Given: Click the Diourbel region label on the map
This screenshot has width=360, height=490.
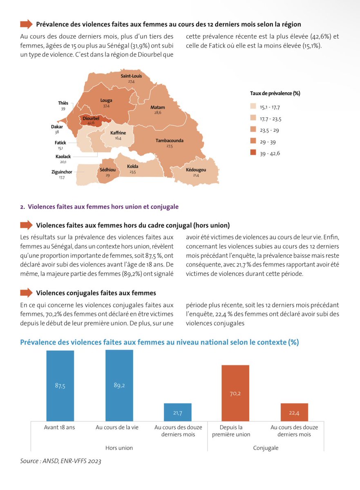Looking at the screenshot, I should pyautogui.click(x=91, y=118).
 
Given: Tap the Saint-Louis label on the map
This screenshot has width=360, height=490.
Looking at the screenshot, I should pyautogui.click(x=131, y=76).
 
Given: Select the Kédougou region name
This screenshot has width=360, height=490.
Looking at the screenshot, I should pyautogui.click(x=196, y=170).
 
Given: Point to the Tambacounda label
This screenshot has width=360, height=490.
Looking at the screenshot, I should pyautogui.click(x=169, y=140).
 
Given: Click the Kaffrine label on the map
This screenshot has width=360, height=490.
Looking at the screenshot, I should pyautogui.click(x=118, y=133).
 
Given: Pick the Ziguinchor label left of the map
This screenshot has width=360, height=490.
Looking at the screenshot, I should pyautogui.click(x=62, y=172).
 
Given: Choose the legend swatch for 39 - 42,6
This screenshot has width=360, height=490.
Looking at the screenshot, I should pyautogui.click(x=253, y=153).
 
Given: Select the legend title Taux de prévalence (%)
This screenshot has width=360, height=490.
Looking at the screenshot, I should pyautogui.click(x=275, y=93).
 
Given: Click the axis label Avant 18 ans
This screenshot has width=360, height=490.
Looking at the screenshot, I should pyautogui.click(x=60, y=428).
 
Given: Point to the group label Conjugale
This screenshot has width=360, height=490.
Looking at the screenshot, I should pyautogui.click(x=266, y=448).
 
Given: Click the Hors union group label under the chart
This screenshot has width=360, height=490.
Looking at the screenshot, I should pyautogui.click(x=119, y=448).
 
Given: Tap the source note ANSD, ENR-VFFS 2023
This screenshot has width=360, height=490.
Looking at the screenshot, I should pyautogui.click(x=60, y=461).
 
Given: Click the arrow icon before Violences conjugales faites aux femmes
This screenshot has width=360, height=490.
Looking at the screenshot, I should pyautogui.click(x=26, y=293).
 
